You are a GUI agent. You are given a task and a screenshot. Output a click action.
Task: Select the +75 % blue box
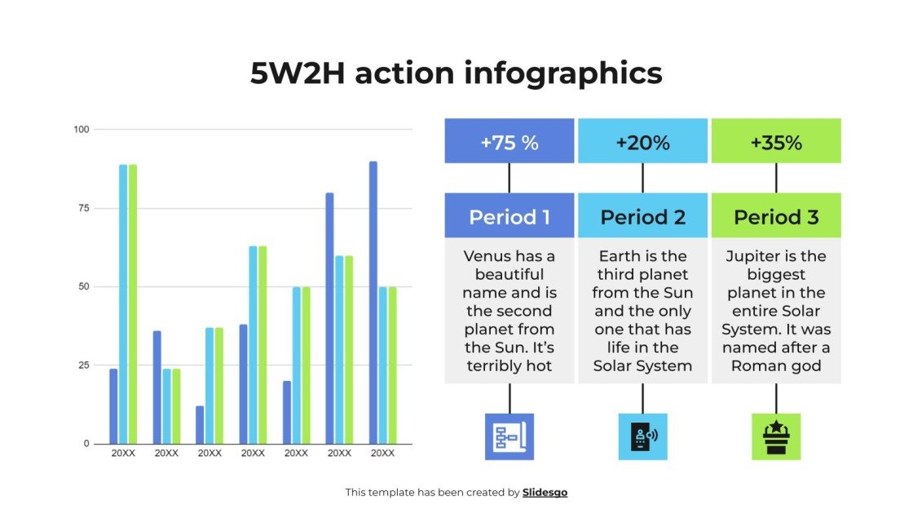point(509,142)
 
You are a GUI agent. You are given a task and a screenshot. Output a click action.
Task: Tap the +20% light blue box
point(642,142)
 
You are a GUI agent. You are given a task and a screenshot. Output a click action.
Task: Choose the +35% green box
point(776,142)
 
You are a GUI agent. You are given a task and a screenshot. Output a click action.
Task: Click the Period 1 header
point(509,216)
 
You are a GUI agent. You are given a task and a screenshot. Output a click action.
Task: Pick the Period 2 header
point(642,216)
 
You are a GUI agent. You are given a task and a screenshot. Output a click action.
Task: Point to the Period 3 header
point(776,216)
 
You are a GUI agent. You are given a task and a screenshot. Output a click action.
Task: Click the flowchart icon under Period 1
point(509,436)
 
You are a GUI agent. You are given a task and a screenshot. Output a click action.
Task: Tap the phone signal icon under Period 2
point(642,436)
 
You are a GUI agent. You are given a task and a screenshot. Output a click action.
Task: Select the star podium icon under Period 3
point(776,436)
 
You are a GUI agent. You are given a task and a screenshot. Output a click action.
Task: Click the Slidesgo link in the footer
point(545,492)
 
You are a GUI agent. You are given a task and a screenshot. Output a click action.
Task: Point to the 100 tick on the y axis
point(82,130)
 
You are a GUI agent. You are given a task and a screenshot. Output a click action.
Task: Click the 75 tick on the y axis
point(83,208)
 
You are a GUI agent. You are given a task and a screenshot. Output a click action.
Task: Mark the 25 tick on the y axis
point(83,365)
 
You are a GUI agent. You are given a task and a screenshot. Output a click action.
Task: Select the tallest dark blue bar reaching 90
point(373,302)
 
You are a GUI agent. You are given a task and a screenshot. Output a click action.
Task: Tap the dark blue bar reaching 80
point(329,318)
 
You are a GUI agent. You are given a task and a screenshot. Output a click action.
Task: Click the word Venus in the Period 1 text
point(487,256)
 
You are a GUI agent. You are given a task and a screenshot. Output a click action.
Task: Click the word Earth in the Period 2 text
point(620,256)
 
